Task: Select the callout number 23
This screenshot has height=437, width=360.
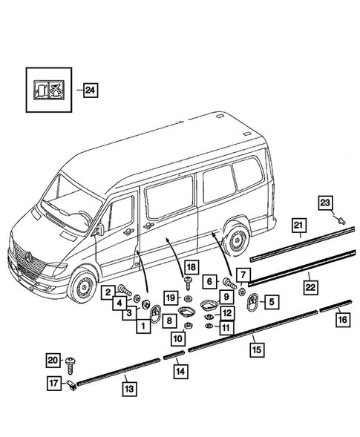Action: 327,201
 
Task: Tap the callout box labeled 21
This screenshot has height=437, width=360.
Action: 298,226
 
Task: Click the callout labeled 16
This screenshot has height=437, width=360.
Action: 342,320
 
